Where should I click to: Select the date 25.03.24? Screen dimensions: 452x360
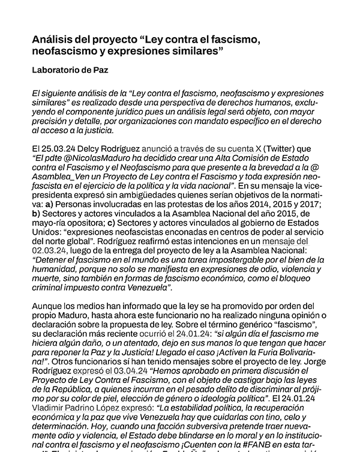[61, 147]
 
